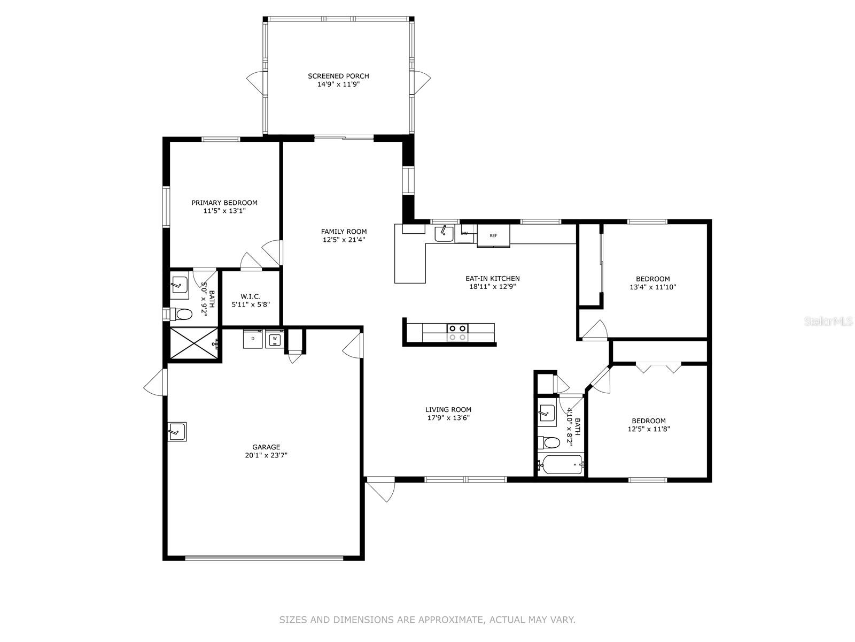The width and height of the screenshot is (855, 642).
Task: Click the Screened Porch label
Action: (x=338, y=76)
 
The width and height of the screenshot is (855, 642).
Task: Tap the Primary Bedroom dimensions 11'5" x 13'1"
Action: (x=224, y=211)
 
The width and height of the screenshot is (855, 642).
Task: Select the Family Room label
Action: (x=344, y=232)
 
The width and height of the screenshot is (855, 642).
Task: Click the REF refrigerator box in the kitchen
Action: (x=494, y=235)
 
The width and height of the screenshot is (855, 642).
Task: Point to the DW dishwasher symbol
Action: (x=465, y=233)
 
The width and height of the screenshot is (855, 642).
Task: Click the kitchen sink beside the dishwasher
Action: (x=444, y=233)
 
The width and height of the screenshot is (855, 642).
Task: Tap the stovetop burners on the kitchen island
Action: (x=457, y=332)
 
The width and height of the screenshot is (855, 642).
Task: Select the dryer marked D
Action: (x=253, y=338)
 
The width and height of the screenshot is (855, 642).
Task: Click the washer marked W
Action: (x=275, y=338)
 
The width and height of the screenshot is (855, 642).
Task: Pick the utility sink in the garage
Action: (x=177, y=432)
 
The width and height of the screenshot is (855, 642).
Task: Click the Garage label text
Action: (x=266, y=447)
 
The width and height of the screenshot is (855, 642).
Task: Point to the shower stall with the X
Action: (x=194, y=343)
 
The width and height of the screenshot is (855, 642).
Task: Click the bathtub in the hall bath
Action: (x=560, y=464)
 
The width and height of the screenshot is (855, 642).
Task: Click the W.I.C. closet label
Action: (x=251, y=296)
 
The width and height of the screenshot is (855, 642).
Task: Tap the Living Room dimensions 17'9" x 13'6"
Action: (x=448, y=418)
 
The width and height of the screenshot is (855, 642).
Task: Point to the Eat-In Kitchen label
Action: (x=493, y=278)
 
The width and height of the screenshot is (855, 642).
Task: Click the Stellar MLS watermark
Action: (x=828, y=322)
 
